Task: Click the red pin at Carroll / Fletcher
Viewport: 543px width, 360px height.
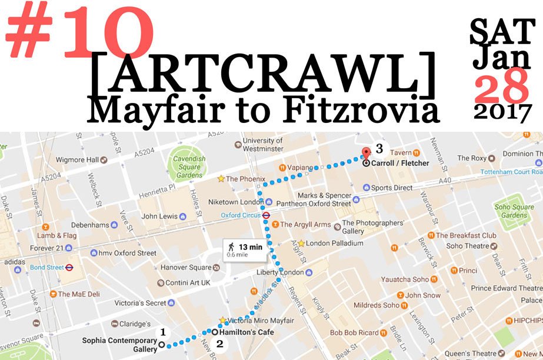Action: tap(365, 152)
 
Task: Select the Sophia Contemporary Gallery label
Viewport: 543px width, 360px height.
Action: tap(119, 344)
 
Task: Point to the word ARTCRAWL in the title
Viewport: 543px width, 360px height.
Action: tap(264, 71)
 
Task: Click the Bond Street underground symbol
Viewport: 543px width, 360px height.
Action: tap(69, 267)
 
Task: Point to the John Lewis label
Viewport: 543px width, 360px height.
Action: tap(159, 216)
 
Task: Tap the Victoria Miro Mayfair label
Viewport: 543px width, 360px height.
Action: tap(256, 321)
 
